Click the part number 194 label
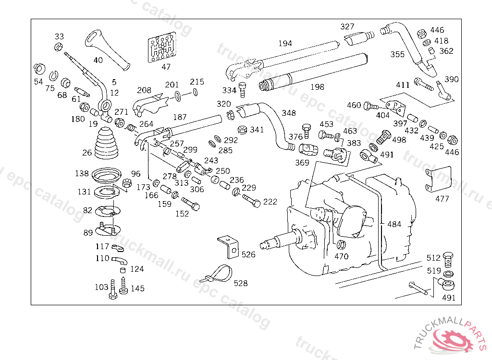[285, 43]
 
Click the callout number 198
[317, 87]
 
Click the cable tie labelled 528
[219, 274]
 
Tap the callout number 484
[394, 224]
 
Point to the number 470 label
[341, 256]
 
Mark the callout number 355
[397, 54]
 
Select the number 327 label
[347, 26]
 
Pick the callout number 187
[180, 117]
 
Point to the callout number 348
[289, 113]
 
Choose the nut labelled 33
[57, 47]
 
